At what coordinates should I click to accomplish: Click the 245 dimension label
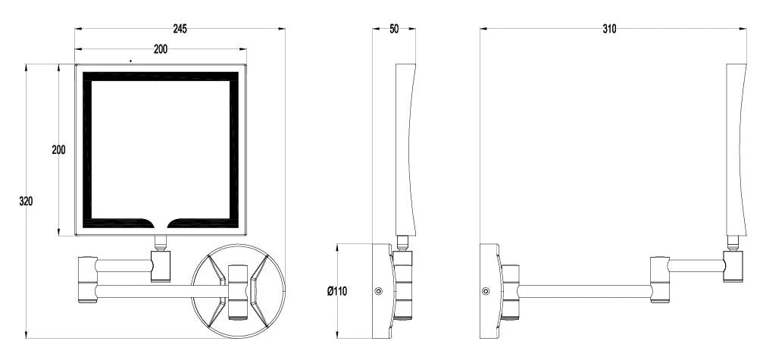(180, 29)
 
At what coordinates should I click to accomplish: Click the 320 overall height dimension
(26, 200)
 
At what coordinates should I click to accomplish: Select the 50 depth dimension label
(394, 29)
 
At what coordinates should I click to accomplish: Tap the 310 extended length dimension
(609, 29)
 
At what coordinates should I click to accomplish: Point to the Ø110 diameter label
(337, 291)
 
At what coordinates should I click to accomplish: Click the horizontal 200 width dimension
(161, 49)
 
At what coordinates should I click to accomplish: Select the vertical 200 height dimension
(58, 150)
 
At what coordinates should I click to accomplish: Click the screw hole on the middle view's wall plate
(379, 291)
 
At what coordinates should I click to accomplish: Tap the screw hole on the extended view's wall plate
(485, 291)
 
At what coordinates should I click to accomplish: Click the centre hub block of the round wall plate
(238, 292)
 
